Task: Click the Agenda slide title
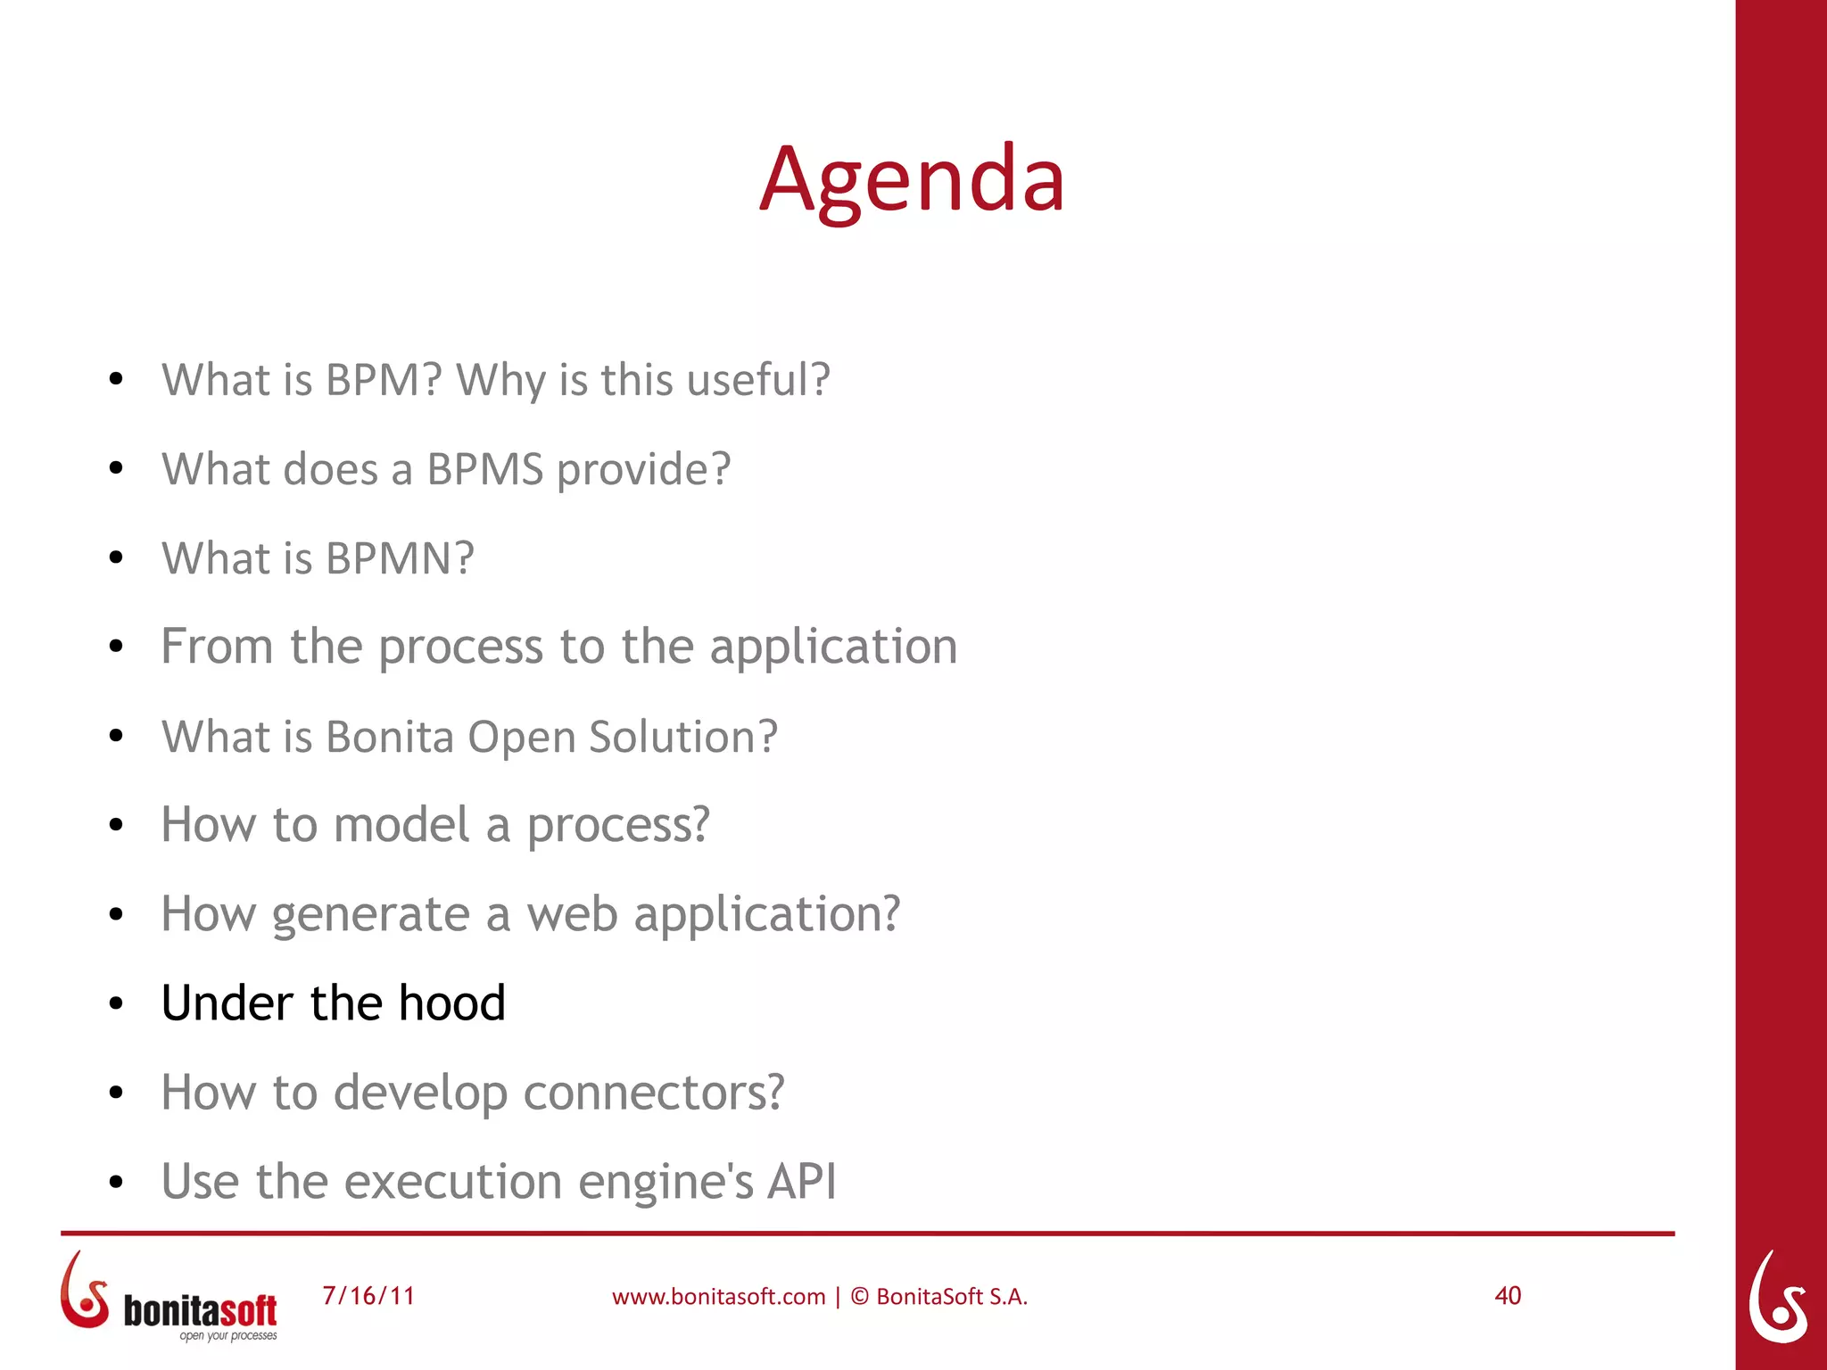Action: pos(912,180)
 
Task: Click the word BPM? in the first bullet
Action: pos(384,380)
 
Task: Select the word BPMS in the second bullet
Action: pos(484,469)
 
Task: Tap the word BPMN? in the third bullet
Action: pos(400,558)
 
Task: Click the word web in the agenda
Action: pos(572,914)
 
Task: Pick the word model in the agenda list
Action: pos(401,824)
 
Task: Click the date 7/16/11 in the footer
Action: pos(368,1295)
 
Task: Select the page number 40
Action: pos(1508,1295)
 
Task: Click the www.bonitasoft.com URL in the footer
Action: pos(718,1297)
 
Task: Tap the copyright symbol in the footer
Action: pos(859,1296)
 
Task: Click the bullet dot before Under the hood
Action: pos(116,1004)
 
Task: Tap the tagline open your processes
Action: pos(228,1336)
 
